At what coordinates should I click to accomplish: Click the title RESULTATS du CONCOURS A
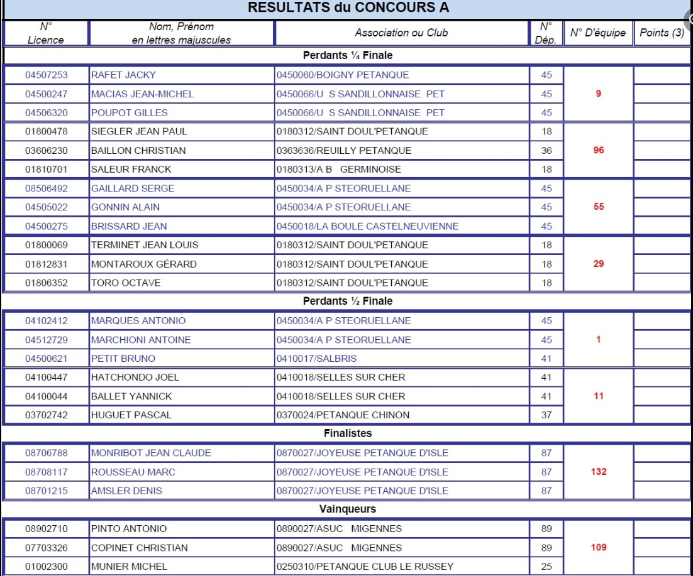coord(348,8)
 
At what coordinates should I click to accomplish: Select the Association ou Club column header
coord(401,33)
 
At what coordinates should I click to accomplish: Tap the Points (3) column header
coord(662,33)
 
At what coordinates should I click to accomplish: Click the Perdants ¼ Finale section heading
coord(347,55)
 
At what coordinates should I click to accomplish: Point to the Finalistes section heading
coord(348,433)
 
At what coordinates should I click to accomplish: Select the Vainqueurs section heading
coord(348,509)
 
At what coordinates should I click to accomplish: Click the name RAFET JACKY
coord(123,75)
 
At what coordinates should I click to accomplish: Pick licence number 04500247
coord(46,94)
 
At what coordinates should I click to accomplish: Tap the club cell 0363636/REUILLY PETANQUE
coord(344,151)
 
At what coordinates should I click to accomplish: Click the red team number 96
coord(599,151)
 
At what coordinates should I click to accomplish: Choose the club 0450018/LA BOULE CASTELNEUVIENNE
coord(367,226)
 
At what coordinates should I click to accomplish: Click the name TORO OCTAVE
coord(126,283)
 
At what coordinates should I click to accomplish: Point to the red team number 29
coord(599,264)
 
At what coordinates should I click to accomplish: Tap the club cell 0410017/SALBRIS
coord(316,359)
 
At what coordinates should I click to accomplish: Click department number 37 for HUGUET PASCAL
coord(546,415)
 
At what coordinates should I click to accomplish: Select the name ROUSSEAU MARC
coord(133,472)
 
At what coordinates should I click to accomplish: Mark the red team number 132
coord(599,472)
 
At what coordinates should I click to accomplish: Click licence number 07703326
coord(46,548)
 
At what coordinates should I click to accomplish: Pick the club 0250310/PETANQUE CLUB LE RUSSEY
coord(365,567)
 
